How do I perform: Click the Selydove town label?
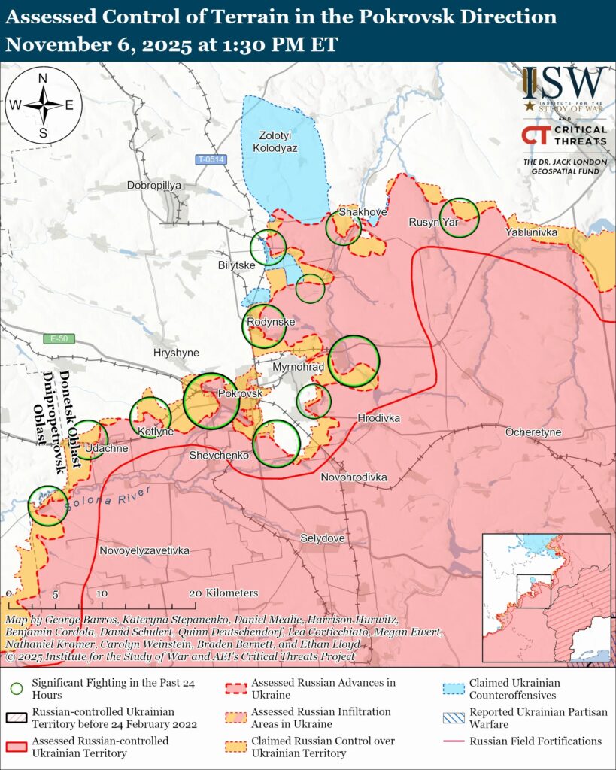(x=322, y=538)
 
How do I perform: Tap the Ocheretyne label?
(x=533, y=432)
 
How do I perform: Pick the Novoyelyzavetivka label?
(x=144, y=550)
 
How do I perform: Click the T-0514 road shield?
(x=211, y=159)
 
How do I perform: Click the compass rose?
(x=43, y=105)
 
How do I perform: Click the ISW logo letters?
(x=565, y=83)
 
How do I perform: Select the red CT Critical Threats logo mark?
(x=535, y=135)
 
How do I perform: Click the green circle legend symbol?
(x=16, y=688)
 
